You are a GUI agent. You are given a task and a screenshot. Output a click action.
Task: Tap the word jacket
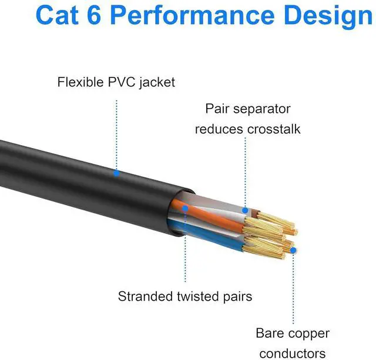click(157, 82)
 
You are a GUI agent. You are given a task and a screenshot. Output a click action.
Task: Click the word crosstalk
click(272, 129)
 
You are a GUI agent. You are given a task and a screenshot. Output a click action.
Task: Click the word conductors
click(291, 354)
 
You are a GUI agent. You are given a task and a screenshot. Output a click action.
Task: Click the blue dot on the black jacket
click(116, 173)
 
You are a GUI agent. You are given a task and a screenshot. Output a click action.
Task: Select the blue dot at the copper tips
click(293, 250)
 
